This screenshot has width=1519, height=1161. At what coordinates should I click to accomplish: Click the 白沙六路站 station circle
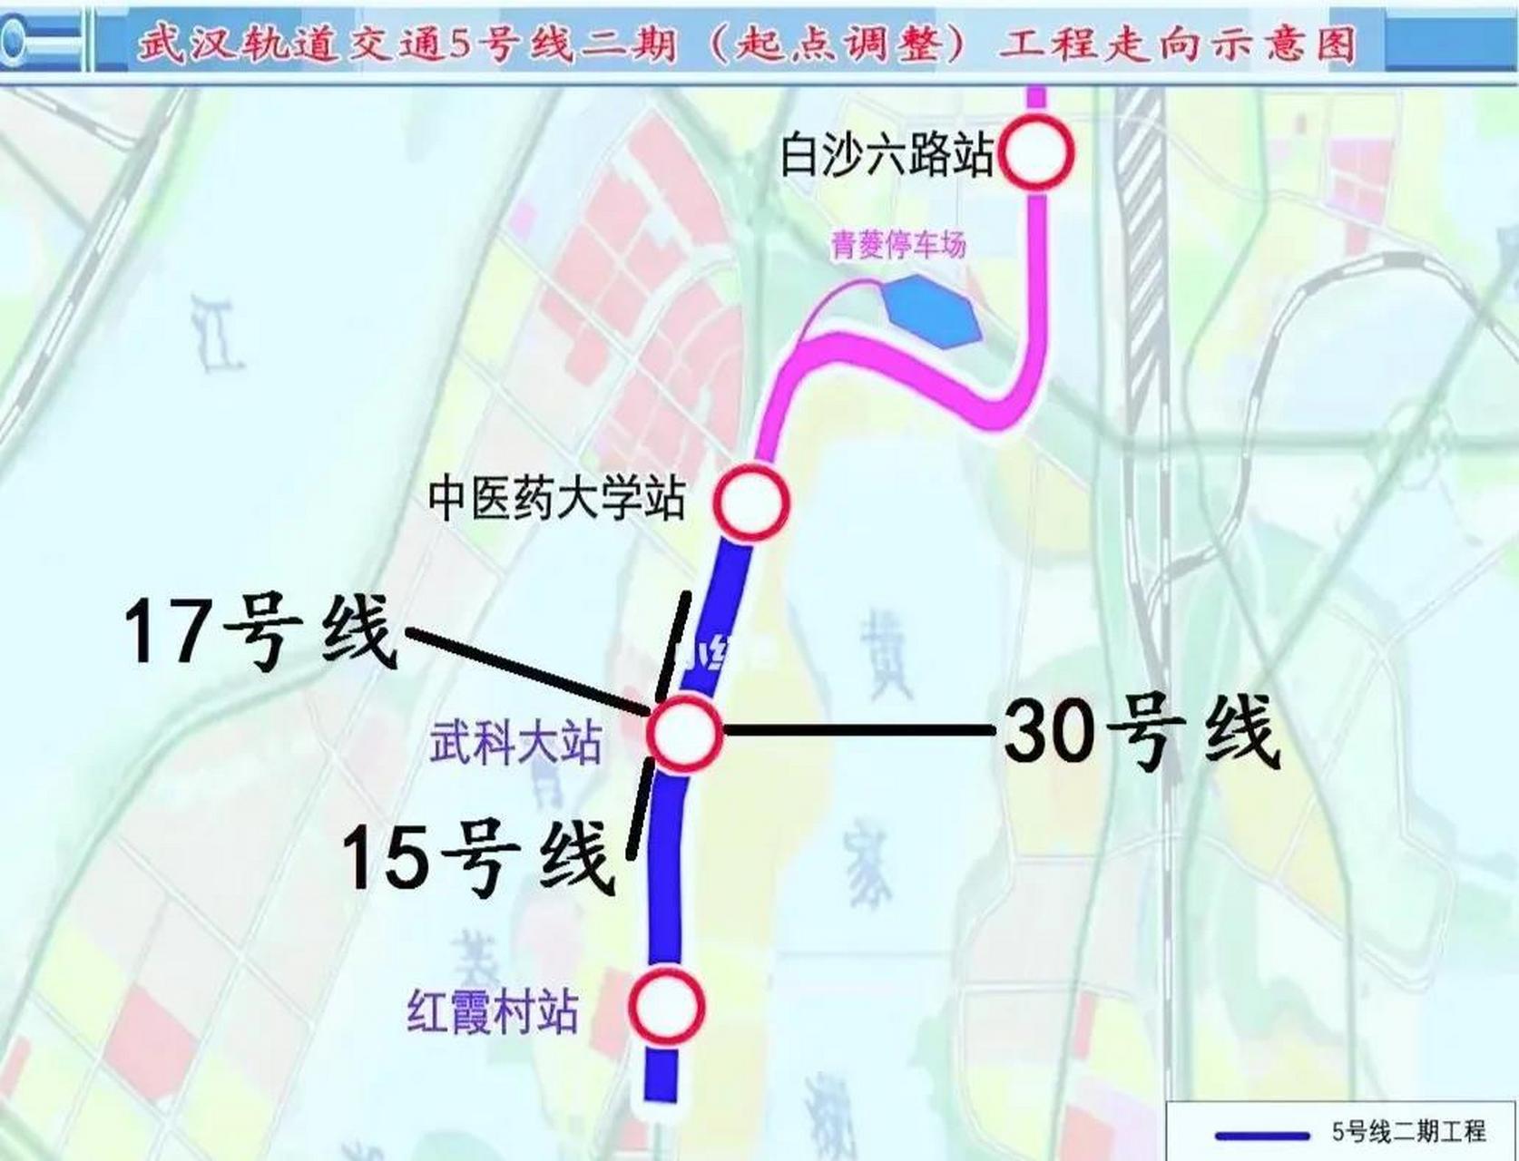(1036, 152)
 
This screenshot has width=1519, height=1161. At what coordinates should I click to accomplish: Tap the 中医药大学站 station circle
(750, 502)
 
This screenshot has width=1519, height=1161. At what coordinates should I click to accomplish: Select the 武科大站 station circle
(685, 733)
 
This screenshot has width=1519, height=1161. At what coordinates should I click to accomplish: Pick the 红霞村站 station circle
(667, 1006)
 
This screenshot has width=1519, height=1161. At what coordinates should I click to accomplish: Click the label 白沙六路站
(887, 154)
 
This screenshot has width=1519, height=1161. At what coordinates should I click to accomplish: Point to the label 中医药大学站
(556, 500)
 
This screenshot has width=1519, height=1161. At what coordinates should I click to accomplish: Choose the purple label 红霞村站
(493, 1012)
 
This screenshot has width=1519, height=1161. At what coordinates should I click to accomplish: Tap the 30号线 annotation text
(1142, 733)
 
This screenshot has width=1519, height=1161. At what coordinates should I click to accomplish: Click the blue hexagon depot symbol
(931, 312)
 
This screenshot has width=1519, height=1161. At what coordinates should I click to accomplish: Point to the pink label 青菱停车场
(898, 245)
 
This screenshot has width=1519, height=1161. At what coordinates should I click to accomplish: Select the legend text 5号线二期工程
(1408, 1132)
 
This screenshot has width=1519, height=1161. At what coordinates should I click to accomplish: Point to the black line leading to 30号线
(857, 729)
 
